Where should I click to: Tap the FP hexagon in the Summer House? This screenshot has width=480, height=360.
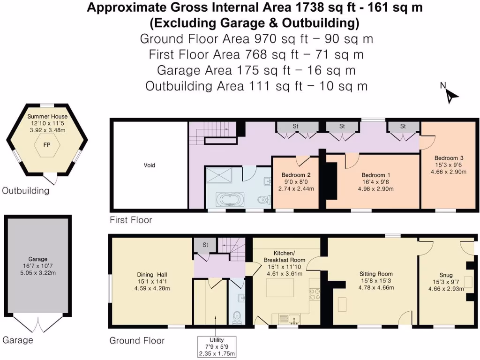47,145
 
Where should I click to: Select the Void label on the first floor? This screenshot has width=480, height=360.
149,165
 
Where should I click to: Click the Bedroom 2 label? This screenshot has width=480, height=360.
296,175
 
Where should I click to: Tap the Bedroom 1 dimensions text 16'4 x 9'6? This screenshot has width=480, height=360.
373,182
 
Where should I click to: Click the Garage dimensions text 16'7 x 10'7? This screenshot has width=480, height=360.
38,266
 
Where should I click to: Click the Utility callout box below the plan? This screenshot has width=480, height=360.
217,346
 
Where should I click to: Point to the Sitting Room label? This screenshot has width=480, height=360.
376,274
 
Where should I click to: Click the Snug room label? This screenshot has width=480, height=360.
445,276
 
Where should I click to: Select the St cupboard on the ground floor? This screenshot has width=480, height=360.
205,245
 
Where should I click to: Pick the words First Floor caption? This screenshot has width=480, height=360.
131,219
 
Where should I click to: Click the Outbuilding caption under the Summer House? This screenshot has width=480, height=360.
26,191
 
